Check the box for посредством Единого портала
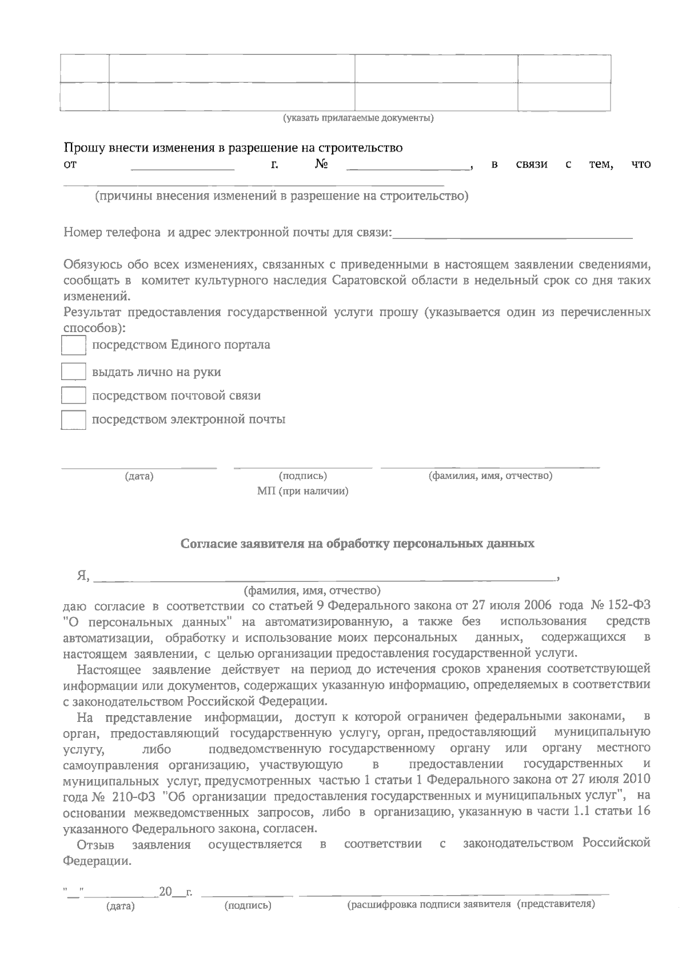click(73, 345)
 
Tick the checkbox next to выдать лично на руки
click(73, 372)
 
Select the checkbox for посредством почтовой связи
click(73, 396)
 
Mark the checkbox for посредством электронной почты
click(73, 420)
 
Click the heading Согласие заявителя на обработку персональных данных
click(357, 543)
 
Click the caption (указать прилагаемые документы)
click(358, 118)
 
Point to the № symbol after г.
click(321, 165)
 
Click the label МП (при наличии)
click(302, 492)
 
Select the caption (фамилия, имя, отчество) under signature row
click(490, 476)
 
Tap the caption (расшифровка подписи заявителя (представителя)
click(471, 904)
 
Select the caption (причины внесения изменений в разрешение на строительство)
click(282, 197)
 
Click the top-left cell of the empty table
click(85, 69)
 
